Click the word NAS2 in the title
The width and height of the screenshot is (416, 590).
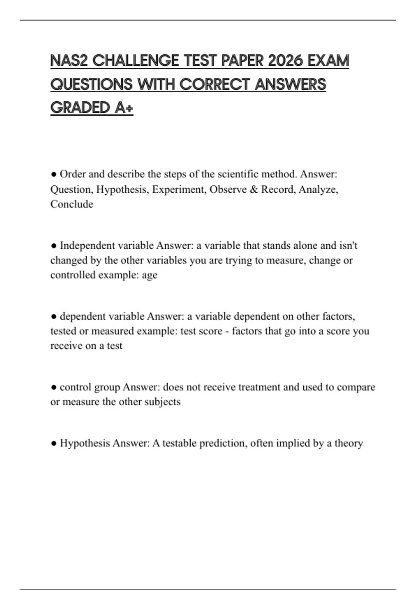coord(69,61)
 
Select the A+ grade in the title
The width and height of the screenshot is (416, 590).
coord(123,108)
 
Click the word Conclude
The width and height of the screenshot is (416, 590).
coord(72,204)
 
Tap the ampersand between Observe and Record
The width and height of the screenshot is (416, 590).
coord(254,189)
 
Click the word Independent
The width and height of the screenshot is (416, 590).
coord(87,246)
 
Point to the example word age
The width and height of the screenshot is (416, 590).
coord(150,275)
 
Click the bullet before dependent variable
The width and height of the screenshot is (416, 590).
coord(53,317)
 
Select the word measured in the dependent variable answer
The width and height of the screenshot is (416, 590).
coord(112,331)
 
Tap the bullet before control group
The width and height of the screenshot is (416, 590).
coord(53,387)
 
